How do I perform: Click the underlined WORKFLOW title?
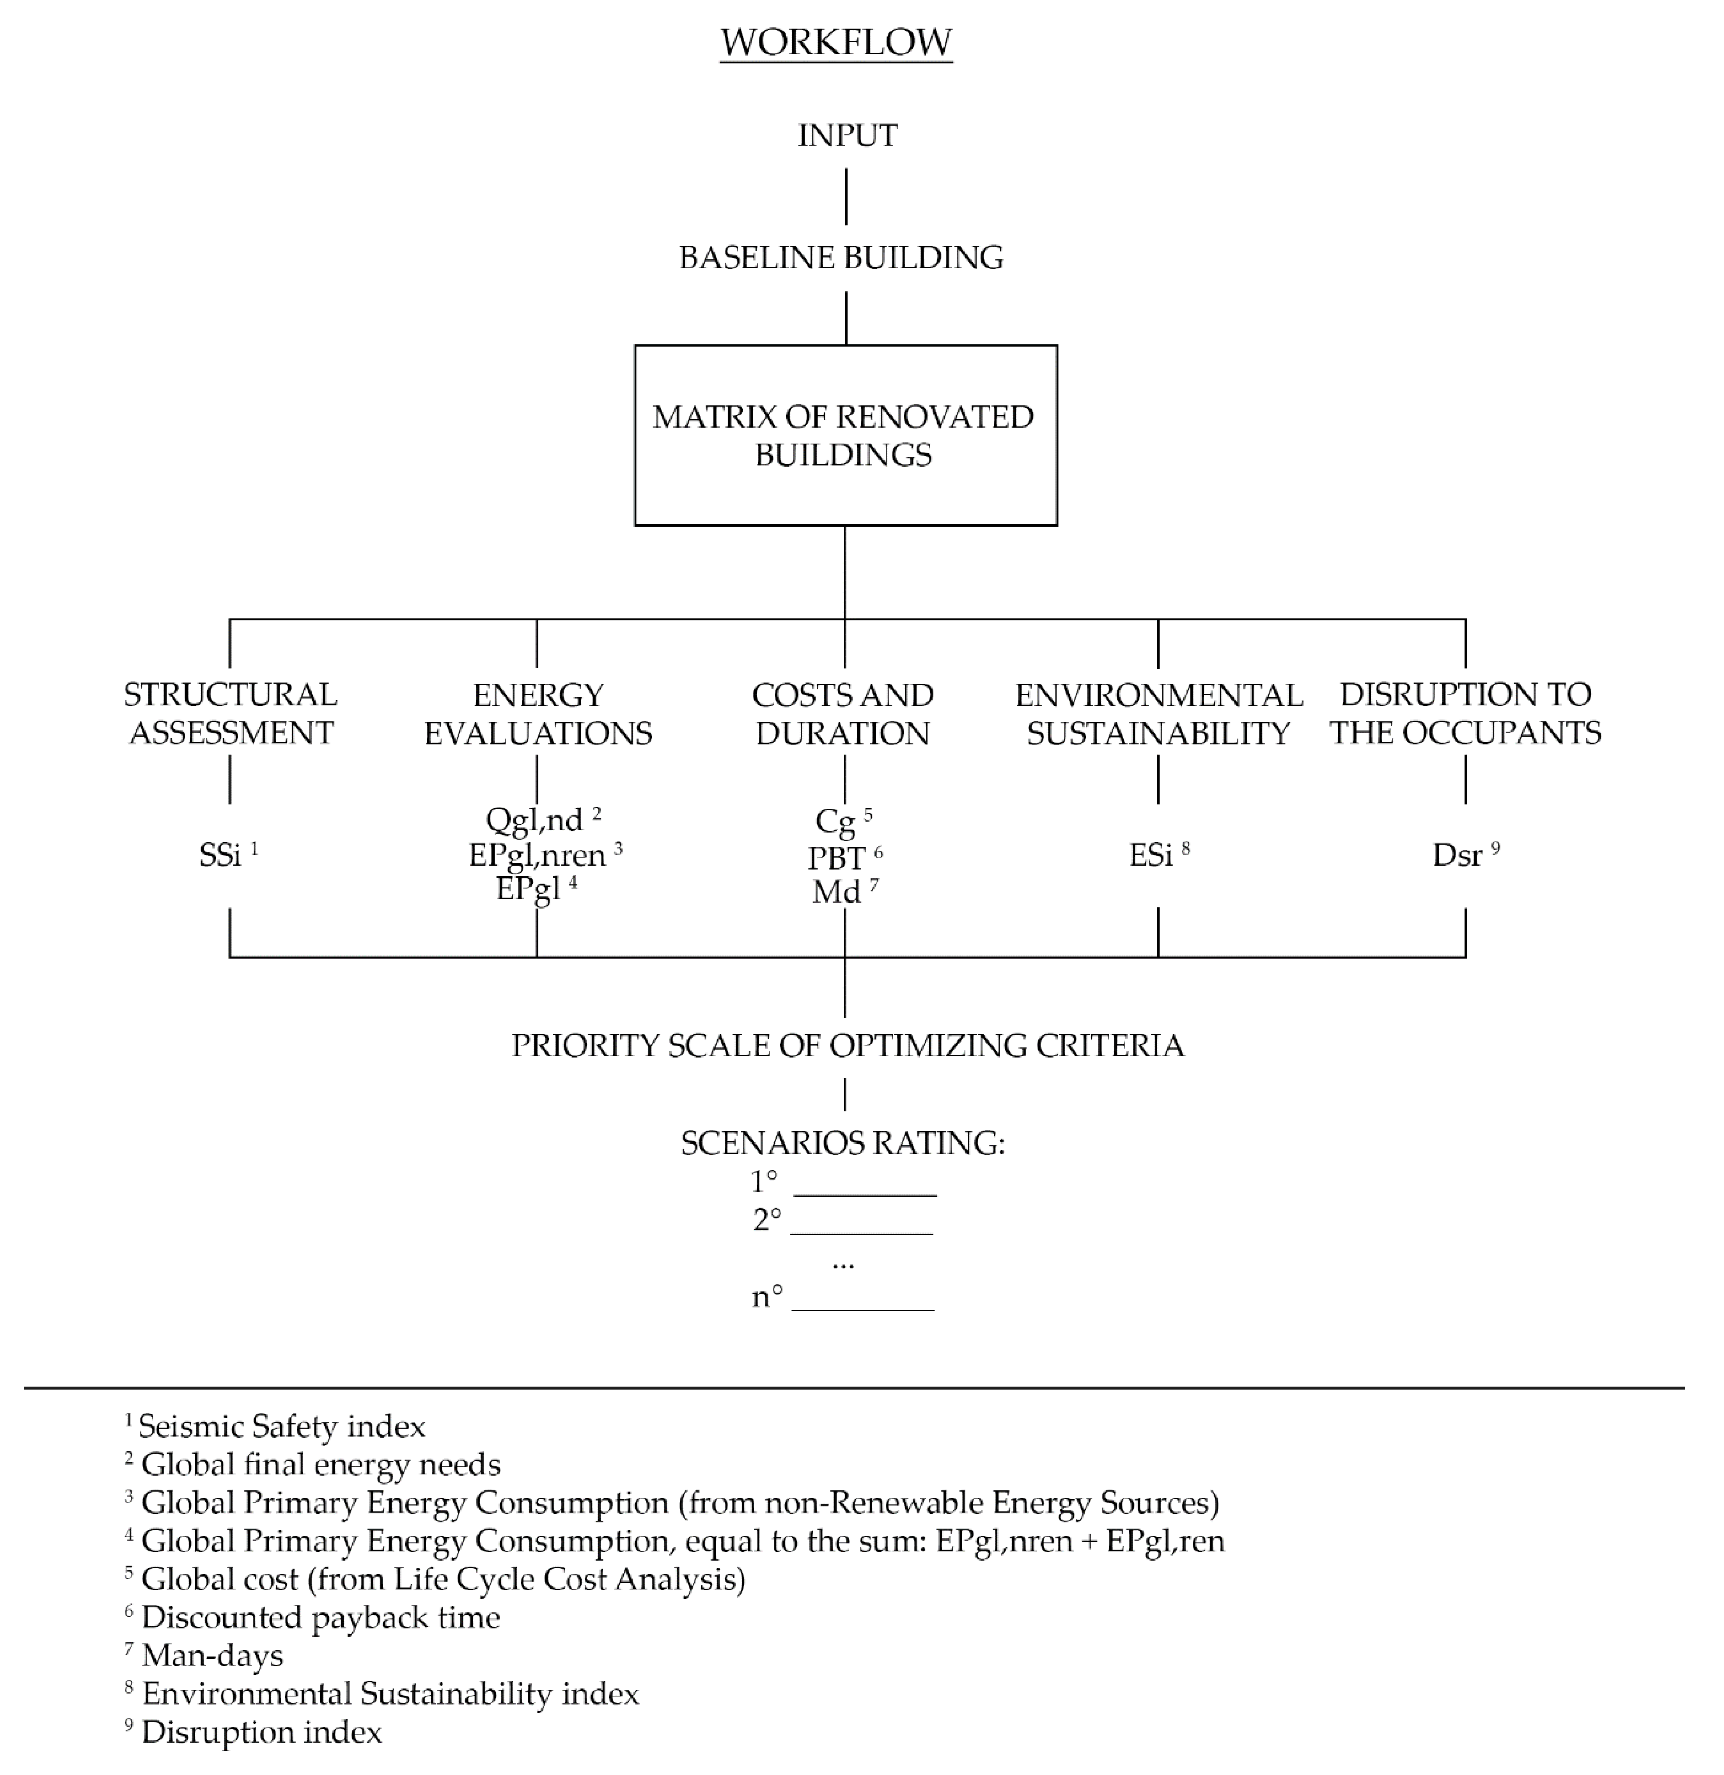tap(836, 43)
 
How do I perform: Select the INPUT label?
tap(847, 136)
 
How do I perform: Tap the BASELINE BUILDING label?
tap(841, 257)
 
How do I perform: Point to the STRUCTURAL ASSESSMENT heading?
tap(230, 713)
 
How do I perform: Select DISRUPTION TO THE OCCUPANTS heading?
tap(1465, 713)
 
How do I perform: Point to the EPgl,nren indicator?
tap(538, 855)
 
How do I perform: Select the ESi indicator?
tap(1152, 855)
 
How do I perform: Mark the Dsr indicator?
tap(1458, 855)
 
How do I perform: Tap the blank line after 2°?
tap(861, 1232)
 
